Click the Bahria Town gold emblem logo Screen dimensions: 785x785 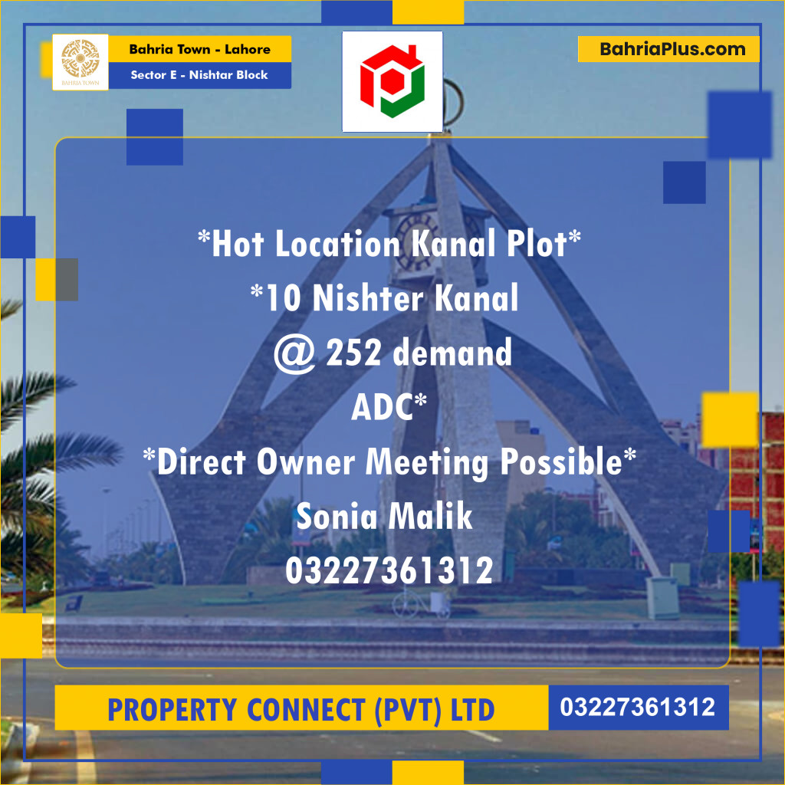(80, 62)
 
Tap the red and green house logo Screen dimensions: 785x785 (392, 80)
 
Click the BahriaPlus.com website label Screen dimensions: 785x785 (668, 50)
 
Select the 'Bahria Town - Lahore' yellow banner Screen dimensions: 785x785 (199, 50)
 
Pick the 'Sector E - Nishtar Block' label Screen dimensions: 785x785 (199, 75)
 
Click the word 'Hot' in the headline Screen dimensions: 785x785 (238, 245)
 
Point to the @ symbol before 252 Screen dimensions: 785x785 (295, 354)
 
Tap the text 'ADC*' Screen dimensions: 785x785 (389, 408)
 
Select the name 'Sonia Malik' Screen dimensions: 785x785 (384, 517)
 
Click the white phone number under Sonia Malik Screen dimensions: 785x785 (389, 571)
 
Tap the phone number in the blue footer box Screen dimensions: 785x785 (638, 707)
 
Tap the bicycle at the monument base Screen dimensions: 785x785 (421, 606)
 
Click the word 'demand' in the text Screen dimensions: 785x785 (452, 353)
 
